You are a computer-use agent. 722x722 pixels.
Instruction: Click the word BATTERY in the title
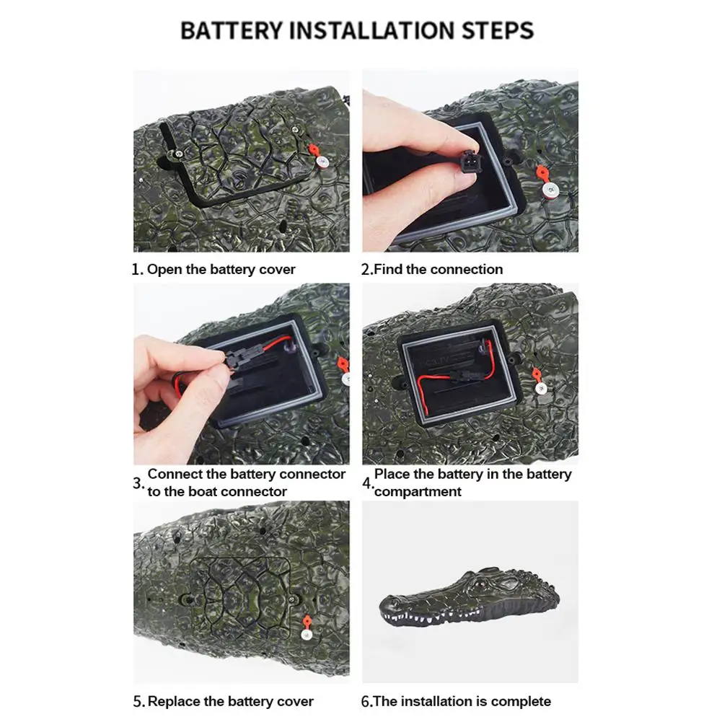pyautogui.click(x=231, y=30)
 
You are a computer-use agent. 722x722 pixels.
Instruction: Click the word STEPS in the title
pyautogui.click(x=498, y=30)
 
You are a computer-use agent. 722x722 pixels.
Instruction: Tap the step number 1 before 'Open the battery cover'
pyautogui.click(x=137, y=269)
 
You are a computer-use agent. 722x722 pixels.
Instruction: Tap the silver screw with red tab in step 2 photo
pyautogui.click(x=550, y=189)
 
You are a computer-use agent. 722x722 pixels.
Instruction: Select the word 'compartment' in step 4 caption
pyautogui.click(x=418, y=492)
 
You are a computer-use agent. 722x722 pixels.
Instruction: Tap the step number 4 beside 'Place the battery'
pyautogui.click(x=367, y=484)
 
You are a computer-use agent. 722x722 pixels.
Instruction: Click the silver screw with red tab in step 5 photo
pyautogui.click(x=307, y=635)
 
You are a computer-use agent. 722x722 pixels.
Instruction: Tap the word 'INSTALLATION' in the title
pyautogui.click(x=372, y=30)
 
